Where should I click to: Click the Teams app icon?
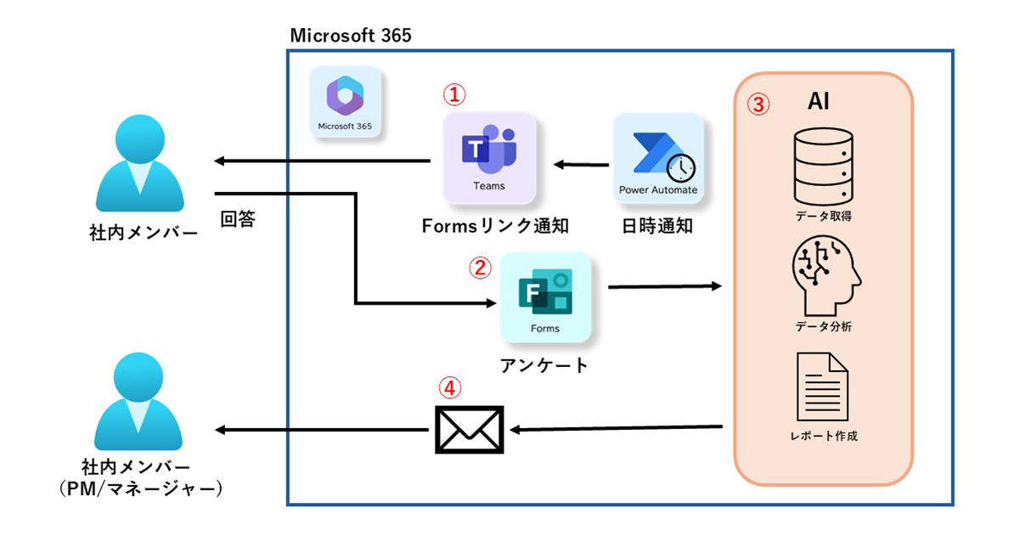pyautogui.click(x=489, y=158)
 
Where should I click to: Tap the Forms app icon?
pyautogui.click(x=545, y=297)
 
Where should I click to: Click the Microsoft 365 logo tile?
pyautogui.click(x=345, y=102)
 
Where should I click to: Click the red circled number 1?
pyautogui.click(x=456, y=93)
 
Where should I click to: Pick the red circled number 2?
pyautogui.click(x=480, y=268)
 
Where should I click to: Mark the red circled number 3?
pyautogui.click(x=758, y=104)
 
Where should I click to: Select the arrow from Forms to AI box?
pyautogui.click(x=665, y=287)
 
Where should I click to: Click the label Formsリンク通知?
pyautogui.click(x=494, y=226)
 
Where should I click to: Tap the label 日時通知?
pyautogui.click(x=657, y=226)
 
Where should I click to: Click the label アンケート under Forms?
pyautogui.click(x=543, y=366)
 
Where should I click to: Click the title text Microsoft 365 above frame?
pyautogui.click(x=351, y=35)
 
